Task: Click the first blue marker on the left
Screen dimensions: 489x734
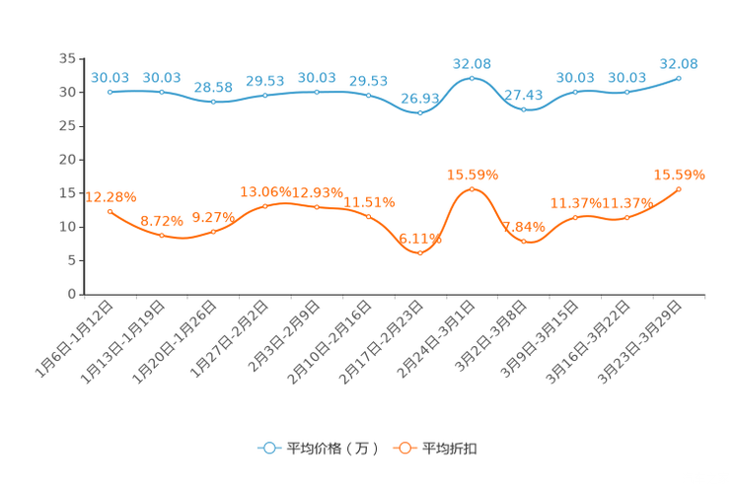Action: tap(110, 92)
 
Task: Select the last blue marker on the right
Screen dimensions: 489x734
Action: tap(679, 77)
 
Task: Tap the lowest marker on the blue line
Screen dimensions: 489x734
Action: tap(420, 111)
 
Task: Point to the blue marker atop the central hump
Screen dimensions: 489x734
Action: tap(472, 77)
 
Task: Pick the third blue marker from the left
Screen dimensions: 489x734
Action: tap(213, 101)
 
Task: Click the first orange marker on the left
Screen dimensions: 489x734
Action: tap(110, 211)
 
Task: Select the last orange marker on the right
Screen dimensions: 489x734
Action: tap(679, 188)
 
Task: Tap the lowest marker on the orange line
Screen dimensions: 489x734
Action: tap(420, 253)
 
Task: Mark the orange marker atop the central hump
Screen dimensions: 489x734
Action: tap(472, 188)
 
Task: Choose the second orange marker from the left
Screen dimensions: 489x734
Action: tap(162, 235)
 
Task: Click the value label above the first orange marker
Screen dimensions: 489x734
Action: tap(110, 196)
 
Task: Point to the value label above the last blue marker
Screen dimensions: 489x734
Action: tap(679, 64)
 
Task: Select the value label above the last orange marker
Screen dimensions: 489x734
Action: tap(680, 175)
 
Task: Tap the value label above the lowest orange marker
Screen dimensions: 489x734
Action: tap(422, 238)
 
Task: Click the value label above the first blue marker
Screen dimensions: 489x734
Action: tap(110, 77)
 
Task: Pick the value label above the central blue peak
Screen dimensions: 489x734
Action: tap(472, 63)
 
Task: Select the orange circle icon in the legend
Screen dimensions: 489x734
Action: tap(404, 448)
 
